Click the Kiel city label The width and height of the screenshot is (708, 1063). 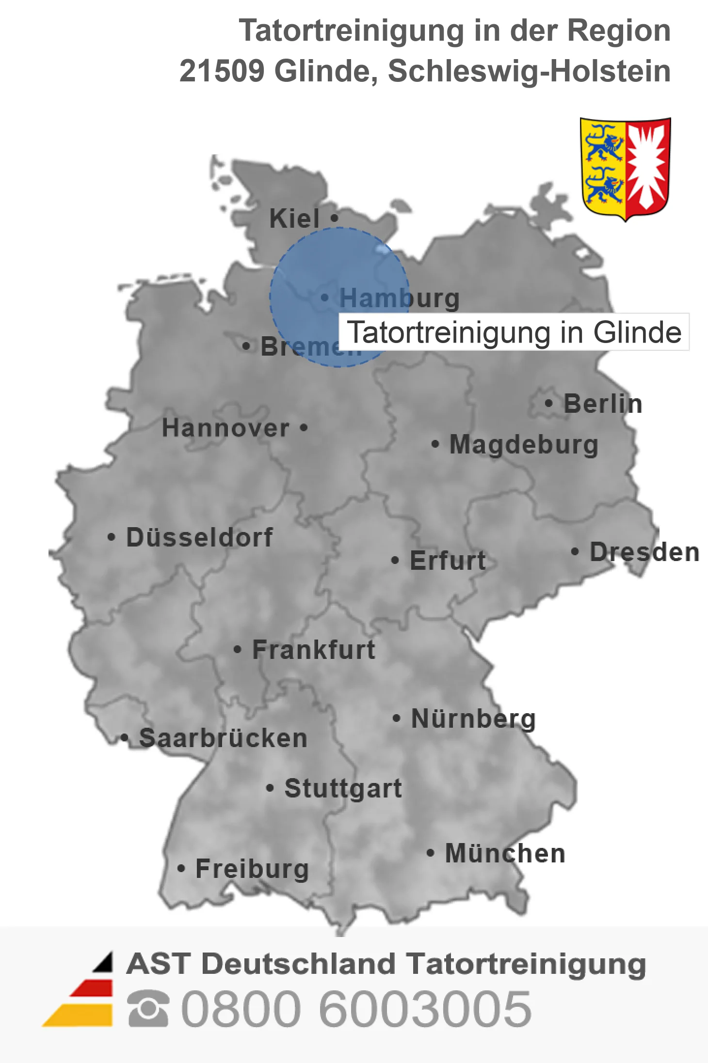pyautogui.click(x=294, y=219)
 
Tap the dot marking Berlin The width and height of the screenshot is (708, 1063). pyautogui.click(x=548, y=403)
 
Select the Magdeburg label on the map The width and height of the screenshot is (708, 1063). pyautogui.click(x=524, y=445)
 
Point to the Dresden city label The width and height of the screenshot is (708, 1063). pyautogui.click(x=644, y=552)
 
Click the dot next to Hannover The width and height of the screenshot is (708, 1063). pyautogui.click(x=304, y=427)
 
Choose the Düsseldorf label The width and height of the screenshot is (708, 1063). pyautogui.click(x=199, y=537)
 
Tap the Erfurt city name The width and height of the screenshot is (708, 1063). pyautogui.click(x=448, y=561)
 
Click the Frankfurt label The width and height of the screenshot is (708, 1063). pyautogui.click(x=314, y=650)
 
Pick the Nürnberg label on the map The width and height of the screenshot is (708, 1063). pyautogui.click(x=473, y=719)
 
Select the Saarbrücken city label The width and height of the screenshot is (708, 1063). pyautogui.click(x=223, y=738)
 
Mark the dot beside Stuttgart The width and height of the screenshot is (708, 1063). pyautogui.click(x=270, y=788)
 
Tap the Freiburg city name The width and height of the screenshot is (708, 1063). pyautogui.click(x=252, y=869)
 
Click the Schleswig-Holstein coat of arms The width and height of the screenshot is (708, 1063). pyautogui.click(x=625, y=169)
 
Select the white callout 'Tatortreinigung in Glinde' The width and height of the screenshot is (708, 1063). pyautogui.click(x=514, y=332)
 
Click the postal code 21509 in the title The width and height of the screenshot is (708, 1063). pyautogui.click(x=222, y=71)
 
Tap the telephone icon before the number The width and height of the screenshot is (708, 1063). pyautogui.click(x=148, y=1009)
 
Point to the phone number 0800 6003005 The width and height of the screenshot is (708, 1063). pyautogui.click(x=356, y=1009)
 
